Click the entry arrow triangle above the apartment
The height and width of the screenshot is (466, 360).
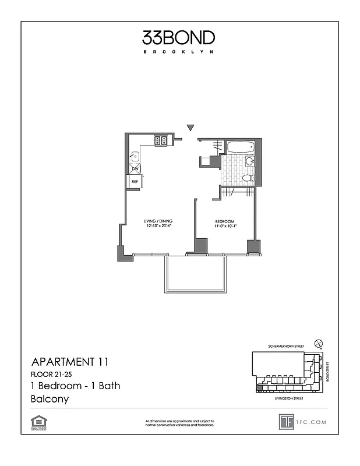(x=190, y=128)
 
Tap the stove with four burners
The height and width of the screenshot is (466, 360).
(x=161, y=140)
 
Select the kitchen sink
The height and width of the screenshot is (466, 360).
(x=135, y=156)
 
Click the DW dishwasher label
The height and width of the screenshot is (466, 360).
(x=135, y=169)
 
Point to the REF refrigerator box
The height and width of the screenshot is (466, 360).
(x=135, y=181)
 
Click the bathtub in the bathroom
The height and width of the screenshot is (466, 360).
(x=239, y=147)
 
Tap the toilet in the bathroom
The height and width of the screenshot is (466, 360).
(x=248, y=178)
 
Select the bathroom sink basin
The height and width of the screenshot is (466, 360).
(x=249, y=161)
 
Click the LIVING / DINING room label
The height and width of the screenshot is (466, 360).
(x=158, y=221)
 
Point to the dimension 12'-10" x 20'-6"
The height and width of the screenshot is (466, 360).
(x=158, y=227)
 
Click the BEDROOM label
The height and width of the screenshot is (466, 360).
(x=224, y=221)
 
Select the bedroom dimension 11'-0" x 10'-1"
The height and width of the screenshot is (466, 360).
(x=224, y=227)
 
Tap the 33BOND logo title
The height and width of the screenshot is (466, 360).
(x=179, y=38)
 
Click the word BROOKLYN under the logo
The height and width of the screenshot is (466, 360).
(x=179, y=52)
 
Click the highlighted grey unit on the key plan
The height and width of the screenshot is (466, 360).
(x=260, y=387)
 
